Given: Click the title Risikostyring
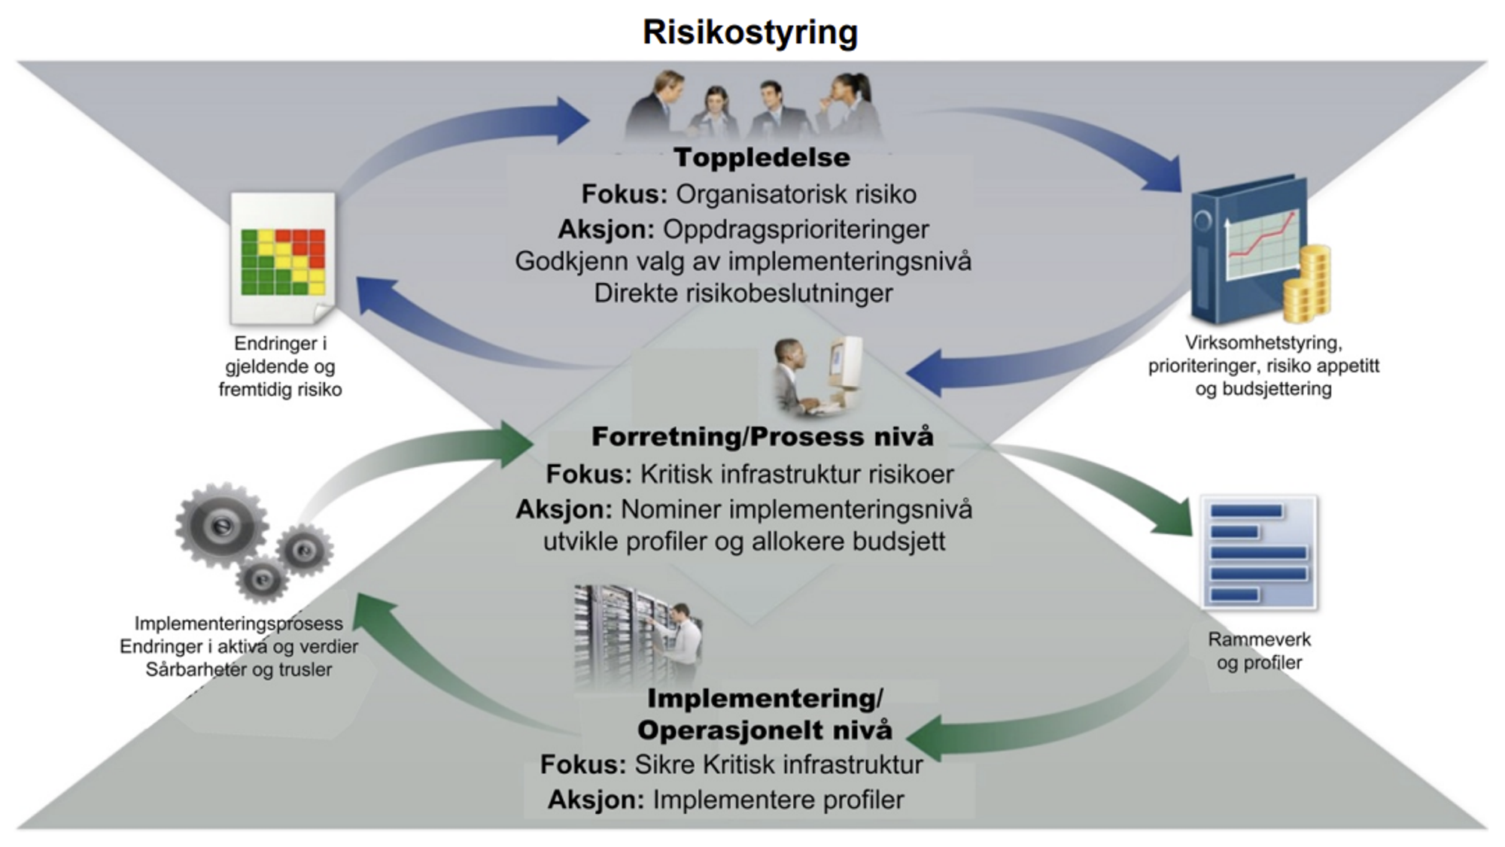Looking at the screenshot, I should tap(749, 32).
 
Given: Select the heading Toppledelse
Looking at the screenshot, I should tap(762, 158).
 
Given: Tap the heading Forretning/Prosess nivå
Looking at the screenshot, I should tap(762, 437).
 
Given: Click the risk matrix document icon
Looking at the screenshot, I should tap(283, 258).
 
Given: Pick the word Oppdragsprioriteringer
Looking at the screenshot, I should tap(795, 229).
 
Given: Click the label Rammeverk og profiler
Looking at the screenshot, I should tap(1259, 651).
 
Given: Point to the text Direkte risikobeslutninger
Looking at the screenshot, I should tap(743, 293).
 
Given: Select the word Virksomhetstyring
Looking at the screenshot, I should tap(1263, 343).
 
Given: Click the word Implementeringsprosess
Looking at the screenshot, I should tap(239, 624).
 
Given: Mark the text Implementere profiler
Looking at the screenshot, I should tap(778, 800).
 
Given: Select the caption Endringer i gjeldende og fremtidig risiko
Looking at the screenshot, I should tap(280, 366).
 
